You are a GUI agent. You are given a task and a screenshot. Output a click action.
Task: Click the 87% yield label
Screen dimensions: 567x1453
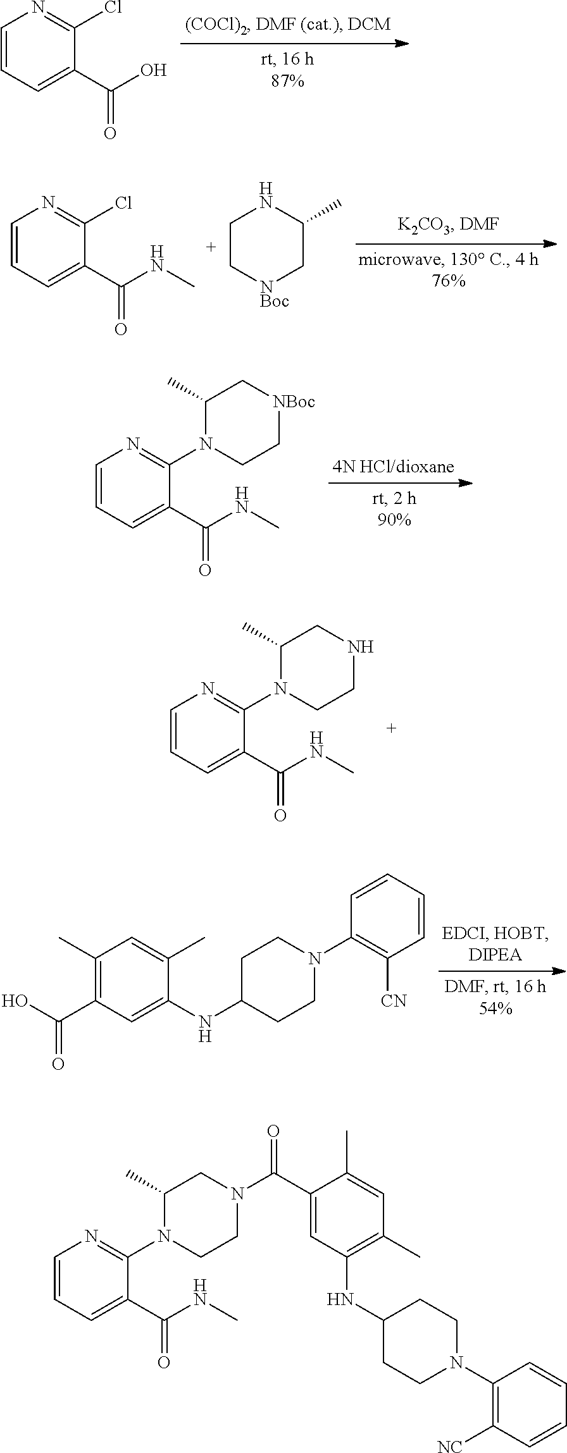(x=287, y=82)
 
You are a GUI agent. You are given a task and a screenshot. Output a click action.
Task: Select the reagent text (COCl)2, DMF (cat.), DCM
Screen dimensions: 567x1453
(x=287, y=25)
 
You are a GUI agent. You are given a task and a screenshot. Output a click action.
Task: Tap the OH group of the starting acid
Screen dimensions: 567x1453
(x=153, y=71)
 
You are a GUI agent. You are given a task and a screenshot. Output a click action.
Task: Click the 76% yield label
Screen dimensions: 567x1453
(x=449, y=281)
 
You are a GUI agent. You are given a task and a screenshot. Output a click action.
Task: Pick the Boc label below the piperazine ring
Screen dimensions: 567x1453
(x=274, y=301)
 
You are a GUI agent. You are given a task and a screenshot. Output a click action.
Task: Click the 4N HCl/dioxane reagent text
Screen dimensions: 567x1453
(x=393, y=467)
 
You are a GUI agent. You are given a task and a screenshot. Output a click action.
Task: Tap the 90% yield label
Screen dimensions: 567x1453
(x=392, y=521)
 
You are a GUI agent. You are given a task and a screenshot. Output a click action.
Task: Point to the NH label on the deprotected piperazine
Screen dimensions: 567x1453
(x=361, y=647)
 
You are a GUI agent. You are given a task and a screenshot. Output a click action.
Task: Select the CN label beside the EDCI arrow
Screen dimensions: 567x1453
(x=394, y=1000)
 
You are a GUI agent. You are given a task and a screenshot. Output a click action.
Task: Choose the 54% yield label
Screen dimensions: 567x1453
(x=495, y=1009)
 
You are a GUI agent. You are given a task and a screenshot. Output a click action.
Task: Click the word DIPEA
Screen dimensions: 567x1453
(x=495, y=955)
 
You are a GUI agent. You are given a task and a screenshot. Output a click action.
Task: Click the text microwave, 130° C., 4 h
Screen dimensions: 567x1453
(x=449, y=259)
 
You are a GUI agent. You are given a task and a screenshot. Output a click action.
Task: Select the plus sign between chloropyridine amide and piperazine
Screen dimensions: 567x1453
(x=211, y=247)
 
